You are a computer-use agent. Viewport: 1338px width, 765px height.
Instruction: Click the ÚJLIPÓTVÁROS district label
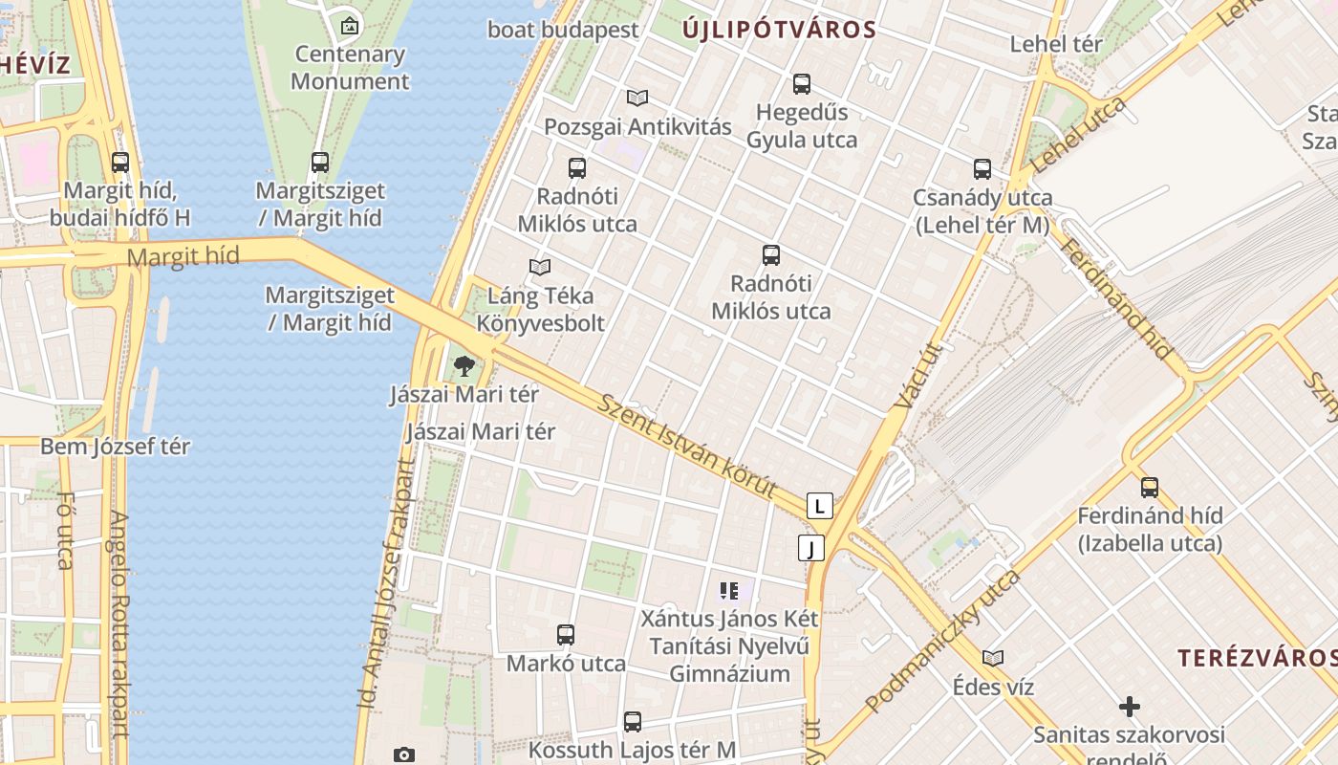tap(779, 30)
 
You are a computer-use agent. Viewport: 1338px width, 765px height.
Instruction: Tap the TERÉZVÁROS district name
tap(1256, 658)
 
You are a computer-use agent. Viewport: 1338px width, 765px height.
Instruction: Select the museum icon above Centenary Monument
tap(350, 25)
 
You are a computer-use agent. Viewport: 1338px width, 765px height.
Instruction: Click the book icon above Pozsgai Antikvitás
tap(637, 98)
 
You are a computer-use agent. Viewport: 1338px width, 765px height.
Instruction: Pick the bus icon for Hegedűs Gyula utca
tap(801, 84)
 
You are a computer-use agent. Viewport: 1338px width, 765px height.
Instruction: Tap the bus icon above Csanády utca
tap(982, 169)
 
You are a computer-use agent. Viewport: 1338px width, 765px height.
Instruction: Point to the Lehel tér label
tap(1056, 44)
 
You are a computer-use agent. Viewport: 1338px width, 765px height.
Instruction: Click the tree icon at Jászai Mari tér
tap(464, 365)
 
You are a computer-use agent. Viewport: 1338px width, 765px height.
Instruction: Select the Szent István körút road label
tap(688, 445)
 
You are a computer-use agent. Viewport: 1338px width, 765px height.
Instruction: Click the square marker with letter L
tap(819, 506)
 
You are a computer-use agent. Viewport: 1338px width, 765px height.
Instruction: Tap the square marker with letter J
tap(810, 548)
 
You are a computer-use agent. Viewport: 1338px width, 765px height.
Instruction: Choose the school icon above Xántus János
tap(729, 591)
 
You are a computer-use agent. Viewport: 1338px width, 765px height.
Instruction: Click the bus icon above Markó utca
tap(566, 634)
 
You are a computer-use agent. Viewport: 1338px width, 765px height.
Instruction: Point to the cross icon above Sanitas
tap(1129, 707)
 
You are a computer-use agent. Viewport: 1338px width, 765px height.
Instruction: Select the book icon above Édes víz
tap(993, 658)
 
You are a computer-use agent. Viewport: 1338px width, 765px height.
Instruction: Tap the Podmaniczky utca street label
tap(942, 642)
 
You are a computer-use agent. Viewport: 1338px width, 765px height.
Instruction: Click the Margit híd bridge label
tap(183, 256)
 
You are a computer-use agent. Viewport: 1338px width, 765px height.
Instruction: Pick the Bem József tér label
tap(115, 447)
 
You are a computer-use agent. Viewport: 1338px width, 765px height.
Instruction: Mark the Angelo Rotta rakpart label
tap(119, 623)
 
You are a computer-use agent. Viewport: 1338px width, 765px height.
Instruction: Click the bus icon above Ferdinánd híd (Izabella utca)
tap(1149, 487)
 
